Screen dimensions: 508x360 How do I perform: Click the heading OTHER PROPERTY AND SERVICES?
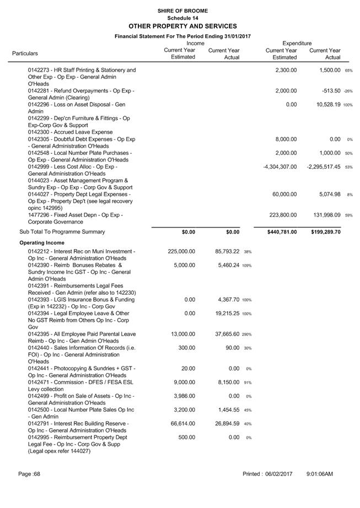[x=182, y=26]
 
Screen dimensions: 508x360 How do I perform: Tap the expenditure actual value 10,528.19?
[x=325, y=105]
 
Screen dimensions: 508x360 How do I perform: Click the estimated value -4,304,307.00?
[x=281, y=166]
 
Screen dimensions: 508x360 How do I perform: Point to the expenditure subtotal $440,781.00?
[x=281, y=232]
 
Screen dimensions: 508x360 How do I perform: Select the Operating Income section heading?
[x=42, y=242]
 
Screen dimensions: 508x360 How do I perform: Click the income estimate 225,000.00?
[x=181, y=251]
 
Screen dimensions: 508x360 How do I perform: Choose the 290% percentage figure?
[x=246, y=334]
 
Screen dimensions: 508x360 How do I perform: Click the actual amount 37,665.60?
[x=224, y=334]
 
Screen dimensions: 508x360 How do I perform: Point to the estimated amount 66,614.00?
[x=183, y=424]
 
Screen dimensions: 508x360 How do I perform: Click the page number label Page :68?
[x=29, y=474]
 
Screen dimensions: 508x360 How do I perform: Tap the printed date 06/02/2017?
[x=279, y=474]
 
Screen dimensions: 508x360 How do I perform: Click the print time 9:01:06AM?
[x=320, y=474]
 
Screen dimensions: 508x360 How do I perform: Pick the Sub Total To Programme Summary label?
[x=62, y=232]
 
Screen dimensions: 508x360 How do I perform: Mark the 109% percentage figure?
[x=246, y=266]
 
